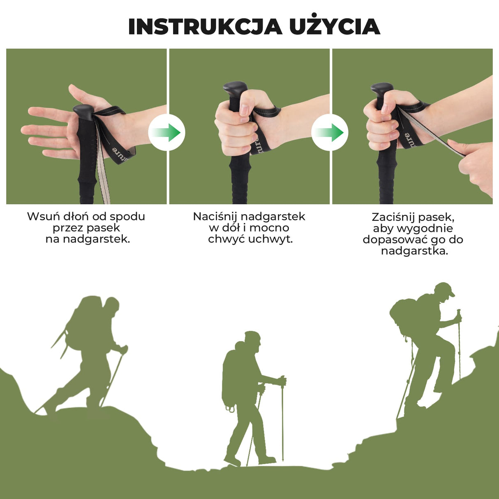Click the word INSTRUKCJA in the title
pyautogui.click(x=205, y=27)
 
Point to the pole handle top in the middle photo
pyautogui.click(x=235, y=88)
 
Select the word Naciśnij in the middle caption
pyautogui.click(x=215, y=217)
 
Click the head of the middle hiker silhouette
pyautogui.click(x=252, y=341)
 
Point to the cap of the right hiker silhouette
pyautogui.click(x=445, y=289)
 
